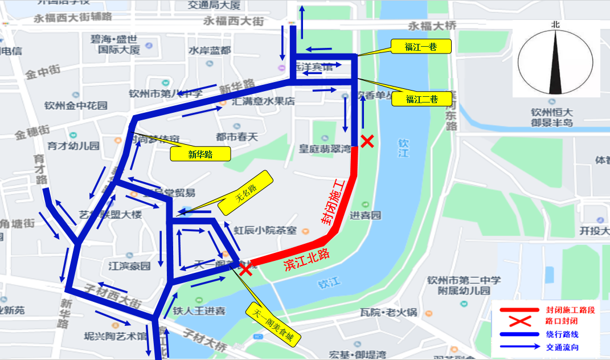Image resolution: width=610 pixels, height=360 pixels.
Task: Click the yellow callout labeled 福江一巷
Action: pos(421,47)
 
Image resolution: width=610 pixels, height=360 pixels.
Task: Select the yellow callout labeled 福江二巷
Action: pos(422,99)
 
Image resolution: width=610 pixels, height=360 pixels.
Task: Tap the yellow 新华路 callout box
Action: pos(200,154)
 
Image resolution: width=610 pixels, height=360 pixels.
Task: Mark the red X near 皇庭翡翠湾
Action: pos(367,141)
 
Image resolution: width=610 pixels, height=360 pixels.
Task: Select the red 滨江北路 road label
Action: pos(306,259)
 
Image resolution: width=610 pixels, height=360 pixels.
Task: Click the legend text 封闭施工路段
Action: pos(570,310)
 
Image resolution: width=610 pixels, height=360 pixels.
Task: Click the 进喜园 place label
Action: pos(365,215)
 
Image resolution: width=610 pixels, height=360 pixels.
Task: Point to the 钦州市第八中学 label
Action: pos(165,94)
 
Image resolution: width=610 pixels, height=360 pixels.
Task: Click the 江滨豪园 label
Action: pos(130,266)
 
